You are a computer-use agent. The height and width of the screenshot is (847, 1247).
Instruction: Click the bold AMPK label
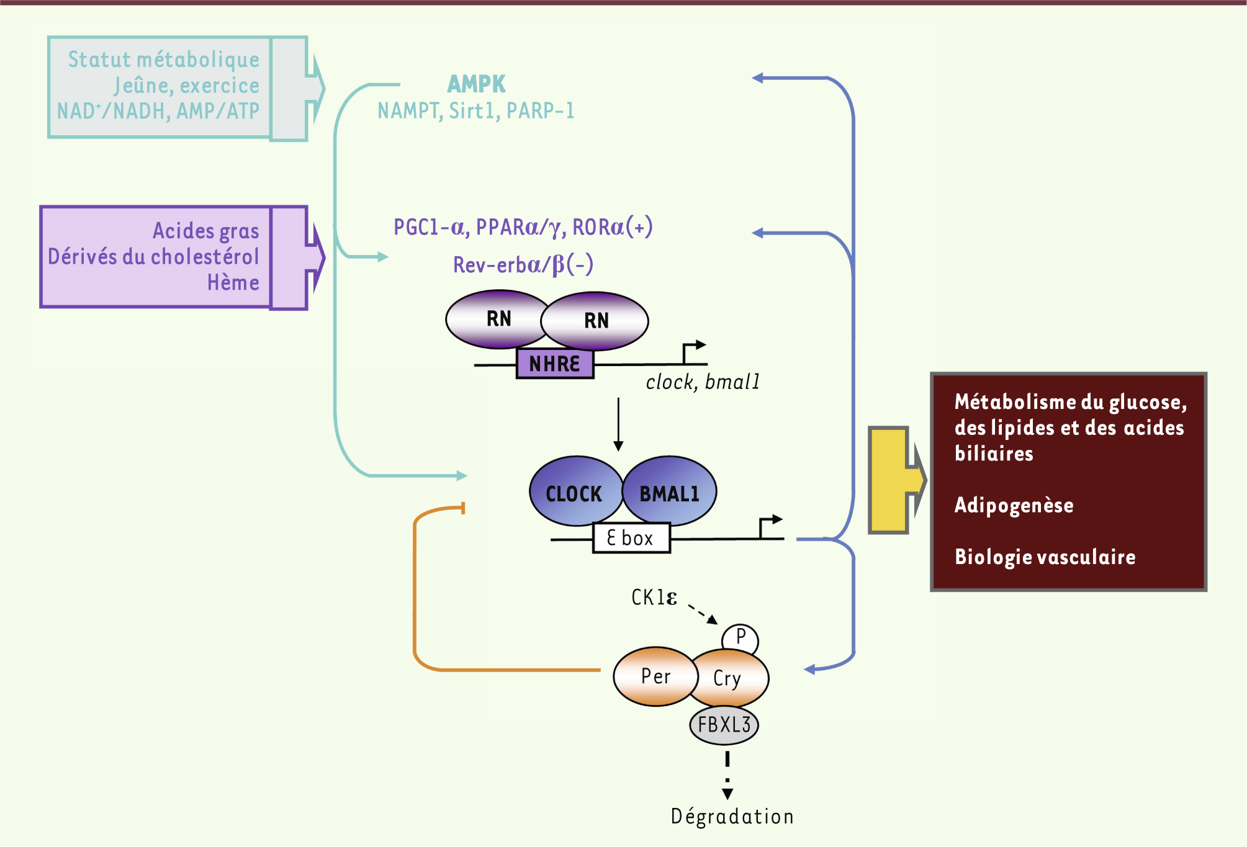point(476,84)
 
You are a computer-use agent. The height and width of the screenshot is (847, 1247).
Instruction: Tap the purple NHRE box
point(555,364)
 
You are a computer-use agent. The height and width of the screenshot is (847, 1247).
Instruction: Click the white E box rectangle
point(631,537)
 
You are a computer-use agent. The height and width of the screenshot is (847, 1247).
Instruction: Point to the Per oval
point(655,676)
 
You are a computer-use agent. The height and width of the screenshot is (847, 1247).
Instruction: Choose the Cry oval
point(729,678)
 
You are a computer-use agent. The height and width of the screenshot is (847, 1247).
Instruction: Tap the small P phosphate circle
point(741,637)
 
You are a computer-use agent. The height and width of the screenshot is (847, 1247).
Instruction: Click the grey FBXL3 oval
point(724,725)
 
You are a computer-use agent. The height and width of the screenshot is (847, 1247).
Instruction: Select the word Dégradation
point(732,817)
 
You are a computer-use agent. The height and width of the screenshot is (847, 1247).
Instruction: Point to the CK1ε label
point(654,598)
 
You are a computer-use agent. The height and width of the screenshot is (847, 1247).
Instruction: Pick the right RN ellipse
point(596,321)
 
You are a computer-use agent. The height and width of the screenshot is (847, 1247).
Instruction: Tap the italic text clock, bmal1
point(703,382)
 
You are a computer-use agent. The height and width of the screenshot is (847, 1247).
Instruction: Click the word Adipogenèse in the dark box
point(1014,505)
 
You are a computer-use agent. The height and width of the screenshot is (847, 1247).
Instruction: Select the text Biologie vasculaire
point(1045,557)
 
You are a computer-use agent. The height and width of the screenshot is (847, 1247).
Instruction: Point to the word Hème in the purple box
point(233,283)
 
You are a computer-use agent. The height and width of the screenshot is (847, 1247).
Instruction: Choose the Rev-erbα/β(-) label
point(523,265)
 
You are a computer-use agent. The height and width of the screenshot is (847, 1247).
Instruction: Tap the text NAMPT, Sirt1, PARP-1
point(476,111)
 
